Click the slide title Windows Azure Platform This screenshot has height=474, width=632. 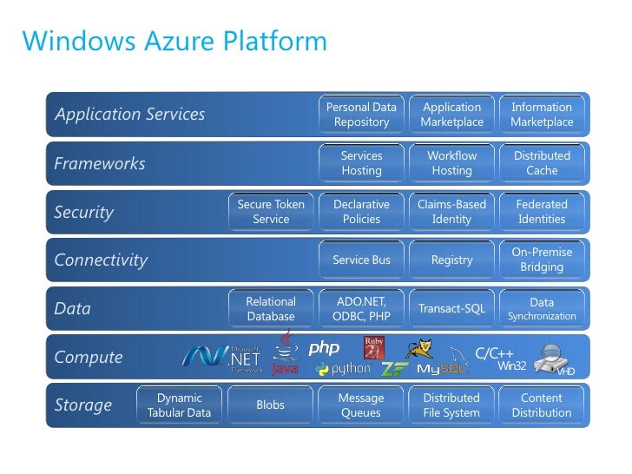point(174,41)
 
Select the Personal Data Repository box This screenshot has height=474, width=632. point(361,115)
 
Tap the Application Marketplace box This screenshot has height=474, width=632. point(451,115)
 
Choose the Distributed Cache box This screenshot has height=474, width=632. point(542,163)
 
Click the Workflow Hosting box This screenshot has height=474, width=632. point(451,163)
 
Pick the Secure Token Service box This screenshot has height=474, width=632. point(271,212)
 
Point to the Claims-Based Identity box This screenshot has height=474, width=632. point(451,212)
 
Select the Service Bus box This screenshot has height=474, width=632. point(361,260)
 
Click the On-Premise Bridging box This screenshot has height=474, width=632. point(542,260)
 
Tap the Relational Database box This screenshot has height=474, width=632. point(271,309)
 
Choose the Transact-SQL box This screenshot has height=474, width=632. point(451,309)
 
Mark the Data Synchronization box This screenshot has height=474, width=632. point(542,309)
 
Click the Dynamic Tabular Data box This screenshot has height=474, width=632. point(179,405)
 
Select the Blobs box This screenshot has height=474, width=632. point(271,405)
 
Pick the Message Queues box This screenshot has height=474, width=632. point(361,405)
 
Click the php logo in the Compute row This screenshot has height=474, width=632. point(324,348)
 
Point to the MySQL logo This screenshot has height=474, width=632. point(442,369)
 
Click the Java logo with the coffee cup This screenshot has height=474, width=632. point(285,357)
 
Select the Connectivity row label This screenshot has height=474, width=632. point(101,260)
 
